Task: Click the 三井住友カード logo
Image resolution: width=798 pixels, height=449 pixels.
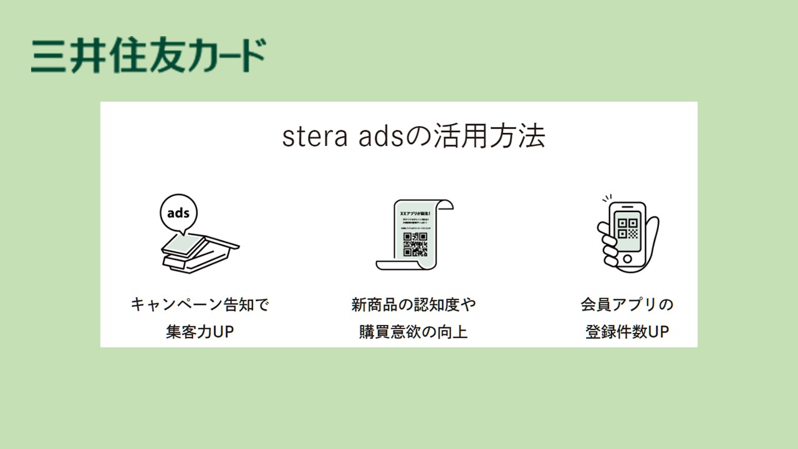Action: point(148,56)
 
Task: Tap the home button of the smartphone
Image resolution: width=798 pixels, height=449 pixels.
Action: point(627,257)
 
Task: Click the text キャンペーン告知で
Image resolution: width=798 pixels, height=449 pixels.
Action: point(200,305)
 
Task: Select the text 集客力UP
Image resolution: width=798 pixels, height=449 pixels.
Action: point(200,332)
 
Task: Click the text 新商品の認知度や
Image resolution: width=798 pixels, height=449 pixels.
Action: point(413,305)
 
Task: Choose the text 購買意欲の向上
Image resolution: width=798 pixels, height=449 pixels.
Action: point(413,332)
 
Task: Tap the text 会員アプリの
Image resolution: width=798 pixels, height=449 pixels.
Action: point(627,305)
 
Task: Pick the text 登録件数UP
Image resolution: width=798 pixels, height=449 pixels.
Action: point(627,332)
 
